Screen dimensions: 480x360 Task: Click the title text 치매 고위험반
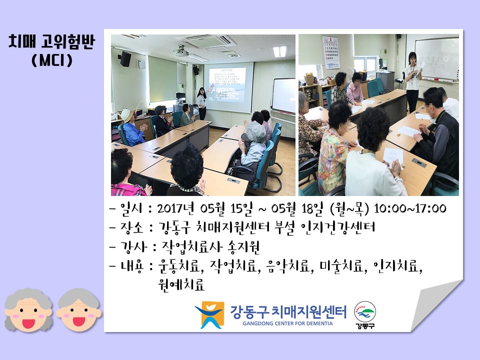coord(51,42)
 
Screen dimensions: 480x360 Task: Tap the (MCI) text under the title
coord(52,60)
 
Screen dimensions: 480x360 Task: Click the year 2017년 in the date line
coord(175,208)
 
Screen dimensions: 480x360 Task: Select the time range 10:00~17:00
coord(410,208)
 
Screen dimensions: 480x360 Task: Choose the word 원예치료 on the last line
coord(181,284)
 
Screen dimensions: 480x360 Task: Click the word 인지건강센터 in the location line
coord(337,227)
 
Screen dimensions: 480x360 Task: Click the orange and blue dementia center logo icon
coord(209,314)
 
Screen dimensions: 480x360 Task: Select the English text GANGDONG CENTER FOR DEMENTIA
coord(287,323)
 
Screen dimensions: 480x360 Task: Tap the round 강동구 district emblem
coord(365,315)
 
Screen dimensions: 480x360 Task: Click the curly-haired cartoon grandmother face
coord(28,309)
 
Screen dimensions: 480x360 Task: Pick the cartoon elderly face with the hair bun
coord(78,309)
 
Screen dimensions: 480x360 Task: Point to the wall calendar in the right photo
coord(331,52)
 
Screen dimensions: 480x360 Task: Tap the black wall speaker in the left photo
coord(125,59)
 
